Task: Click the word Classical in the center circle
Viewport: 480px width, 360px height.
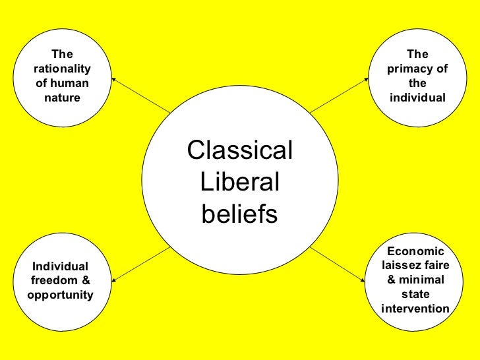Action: tap(240, 151)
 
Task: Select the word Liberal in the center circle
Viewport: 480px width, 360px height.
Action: tap(239, 183)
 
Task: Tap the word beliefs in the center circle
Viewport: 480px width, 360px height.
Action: tap(239, 214)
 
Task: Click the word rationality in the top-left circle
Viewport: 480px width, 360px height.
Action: tap(61, 69)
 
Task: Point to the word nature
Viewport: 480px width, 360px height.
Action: tap(61, 98)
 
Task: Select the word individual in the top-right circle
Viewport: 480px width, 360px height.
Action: tap(417, 98)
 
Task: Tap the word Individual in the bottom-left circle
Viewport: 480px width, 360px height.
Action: tap(61, 266)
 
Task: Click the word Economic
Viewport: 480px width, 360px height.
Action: tap(416, 251)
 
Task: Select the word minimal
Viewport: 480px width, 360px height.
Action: tap(422, 280)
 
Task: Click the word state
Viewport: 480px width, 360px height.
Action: tap(416, 295)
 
